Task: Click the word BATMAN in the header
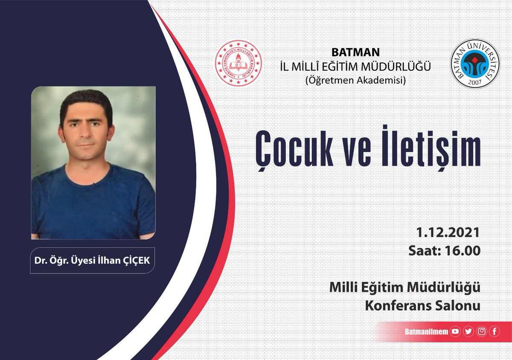coord(355,53)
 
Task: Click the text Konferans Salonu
coord(423,306)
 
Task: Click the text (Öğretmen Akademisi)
coord(355,79)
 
